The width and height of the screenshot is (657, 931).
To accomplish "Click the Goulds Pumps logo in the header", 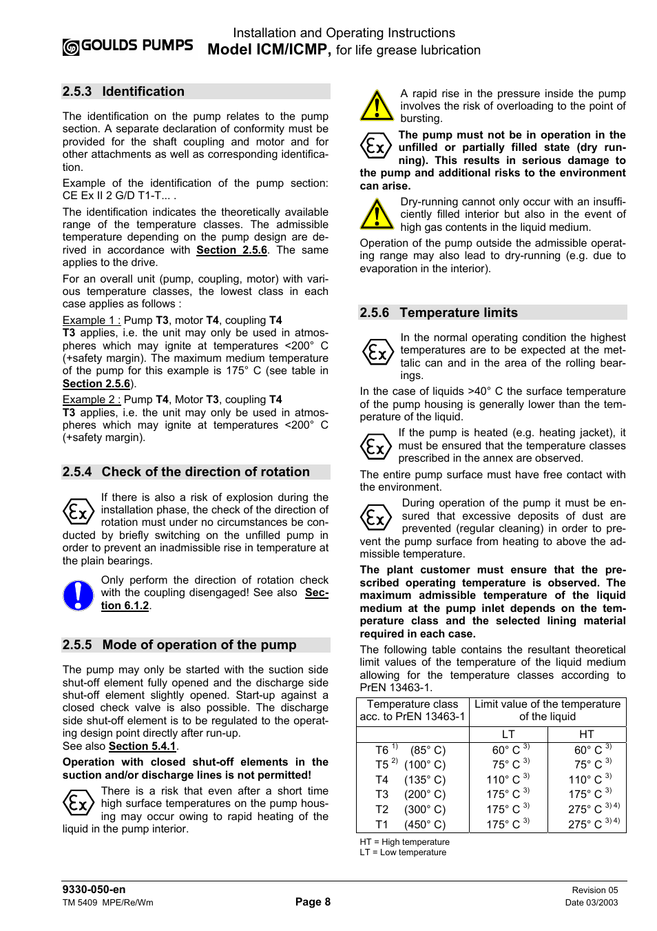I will coord(127,46).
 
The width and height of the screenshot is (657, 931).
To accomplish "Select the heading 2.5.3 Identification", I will coord(123,92).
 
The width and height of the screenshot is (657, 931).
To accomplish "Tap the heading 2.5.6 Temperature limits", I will coord(438,313).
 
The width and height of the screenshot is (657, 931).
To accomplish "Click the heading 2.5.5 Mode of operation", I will coord(179,645).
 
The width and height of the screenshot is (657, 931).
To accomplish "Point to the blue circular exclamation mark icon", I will coord(78,595).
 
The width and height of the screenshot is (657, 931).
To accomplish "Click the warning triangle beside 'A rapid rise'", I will coord(377,105).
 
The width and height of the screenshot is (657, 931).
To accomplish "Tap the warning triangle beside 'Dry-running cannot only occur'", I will coord(377,214).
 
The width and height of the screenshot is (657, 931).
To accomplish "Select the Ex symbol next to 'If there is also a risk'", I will coord(78,512).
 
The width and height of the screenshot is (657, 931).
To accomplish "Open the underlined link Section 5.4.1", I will coord(142,746).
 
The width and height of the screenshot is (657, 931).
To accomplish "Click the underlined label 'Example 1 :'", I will coord(91,320).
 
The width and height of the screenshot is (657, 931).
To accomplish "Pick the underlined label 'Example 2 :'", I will coord(91,400).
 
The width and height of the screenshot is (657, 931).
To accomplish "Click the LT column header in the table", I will coord(508,735).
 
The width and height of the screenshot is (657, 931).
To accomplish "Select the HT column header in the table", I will coord(587,735).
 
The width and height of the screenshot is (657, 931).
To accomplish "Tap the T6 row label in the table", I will coord(382,750).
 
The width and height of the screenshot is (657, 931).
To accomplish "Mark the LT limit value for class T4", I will coord(508,780).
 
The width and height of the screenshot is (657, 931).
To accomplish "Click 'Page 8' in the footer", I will coord(313,902).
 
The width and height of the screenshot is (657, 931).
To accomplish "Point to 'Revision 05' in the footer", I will coord(594,890).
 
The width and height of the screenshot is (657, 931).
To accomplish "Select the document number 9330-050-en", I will coord(94,890).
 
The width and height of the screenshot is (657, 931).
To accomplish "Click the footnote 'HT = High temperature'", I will coord(404,842).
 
